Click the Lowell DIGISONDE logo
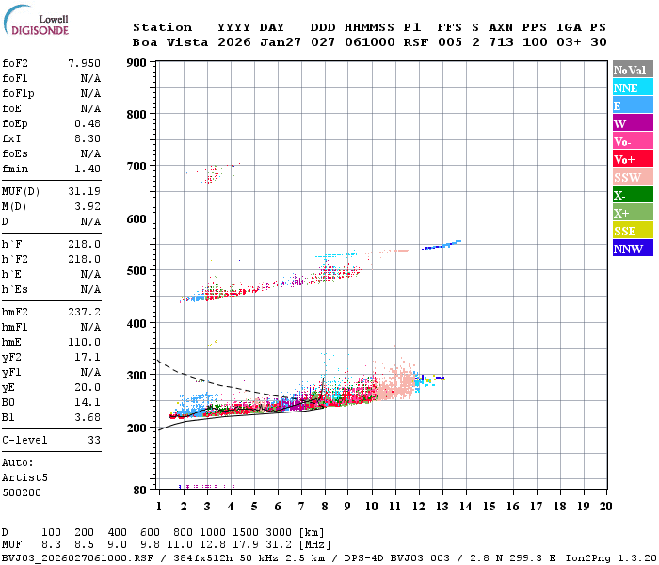tap(33, 26)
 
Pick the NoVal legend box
tap(632, 70)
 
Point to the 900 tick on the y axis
tap(137, 63)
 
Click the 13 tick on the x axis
tap(442, 507)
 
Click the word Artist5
tap(24, 477)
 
